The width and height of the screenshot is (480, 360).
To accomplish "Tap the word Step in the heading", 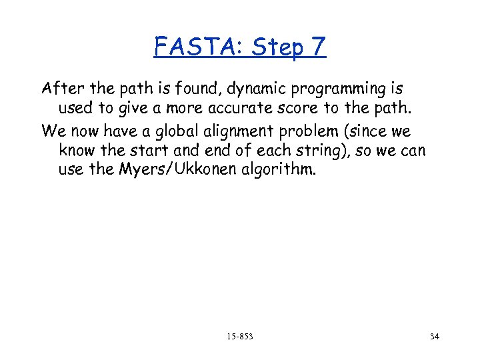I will [273, 48].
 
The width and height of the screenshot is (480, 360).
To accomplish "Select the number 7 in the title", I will [317, 47].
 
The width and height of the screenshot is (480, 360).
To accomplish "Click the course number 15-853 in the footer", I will [239, 337].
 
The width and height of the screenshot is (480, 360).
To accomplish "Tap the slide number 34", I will [435, 337].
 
